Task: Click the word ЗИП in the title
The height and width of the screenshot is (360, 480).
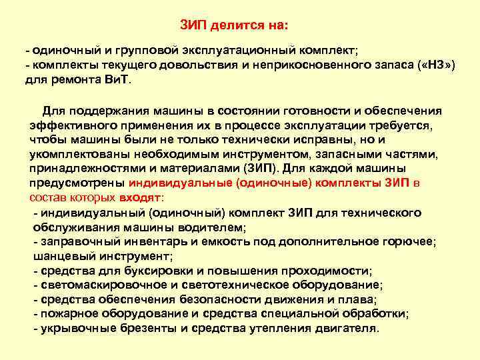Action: click(x=195, y=25)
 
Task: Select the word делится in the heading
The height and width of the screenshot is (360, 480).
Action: click(x=235, y=25)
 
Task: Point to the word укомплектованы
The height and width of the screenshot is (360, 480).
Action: click(x=73, y=154)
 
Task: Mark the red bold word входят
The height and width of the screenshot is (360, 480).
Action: click(x=139, y=197)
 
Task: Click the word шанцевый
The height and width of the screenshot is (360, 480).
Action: click(x=62, y=256)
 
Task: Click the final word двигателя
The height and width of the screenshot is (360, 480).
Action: click(x=343, y=329)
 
